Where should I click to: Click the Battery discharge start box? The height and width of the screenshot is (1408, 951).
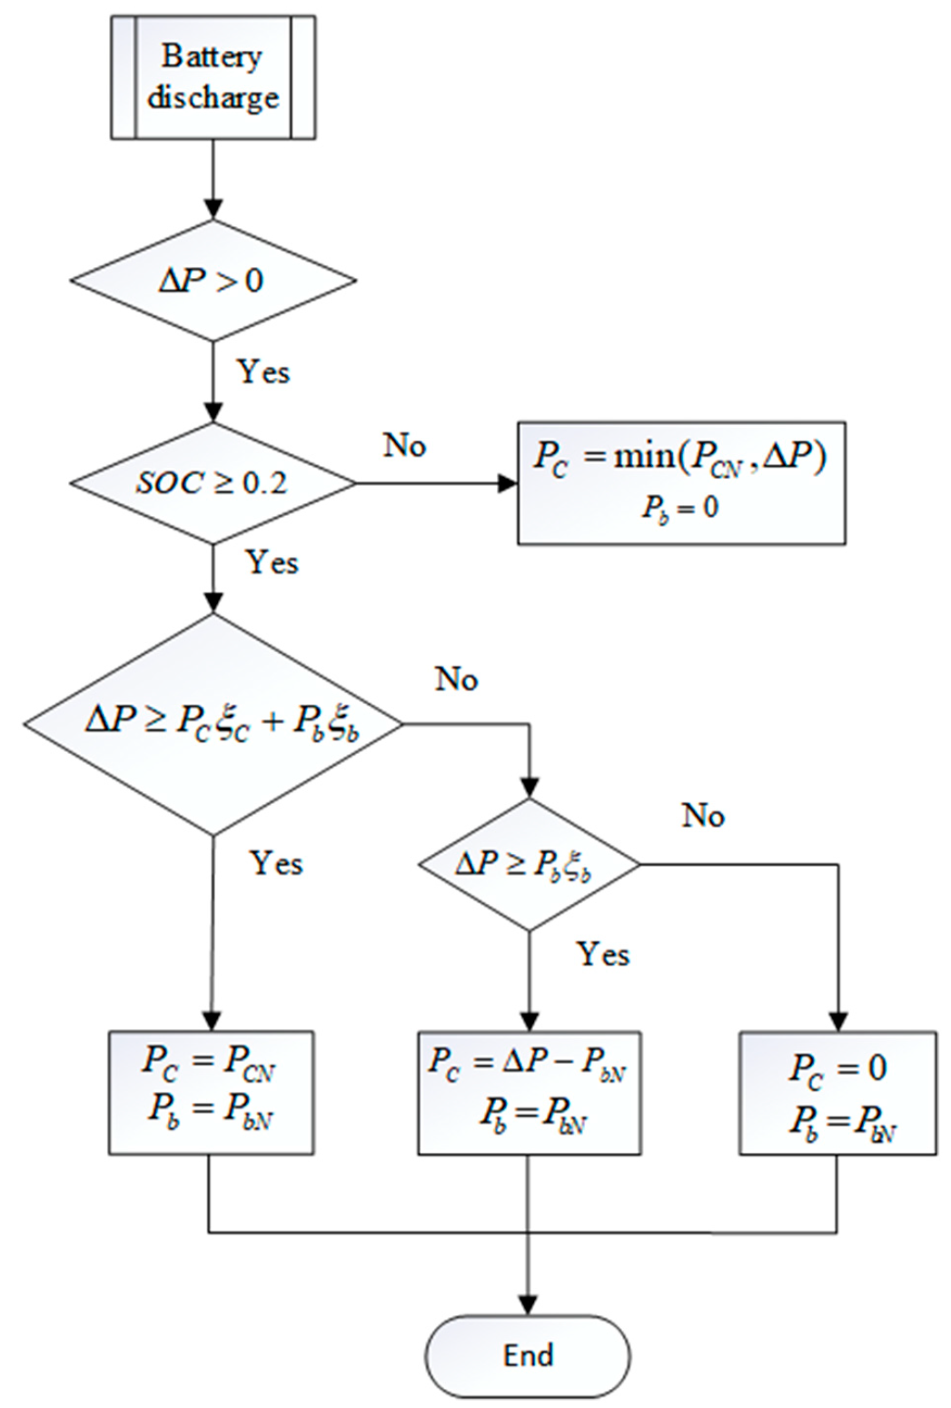(213, 77)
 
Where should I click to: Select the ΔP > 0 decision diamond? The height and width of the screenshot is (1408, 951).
(213, 280)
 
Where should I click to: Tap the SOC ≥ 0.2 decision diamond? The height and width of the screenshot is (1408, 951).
(213, 483)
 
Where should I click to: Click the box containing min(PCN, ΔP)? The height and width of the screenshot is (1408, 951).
(681, 482)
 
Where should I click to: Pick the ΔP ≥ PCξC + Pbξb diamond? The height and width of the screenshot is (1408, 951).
(213, 724)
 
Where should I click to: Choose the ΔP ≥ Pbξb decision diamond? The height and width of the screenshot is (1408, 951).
(529, 864)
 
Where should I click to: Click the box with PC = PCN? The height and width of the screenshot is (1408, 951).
(211, 1092)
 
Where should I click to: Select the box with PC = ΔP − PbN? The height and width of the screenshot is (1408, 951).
(529, 1092)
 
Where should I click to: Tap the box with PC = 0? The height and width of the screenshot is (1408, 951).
(837, 1092)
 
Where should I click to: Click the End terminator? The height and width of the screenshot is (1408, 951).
(529, 1356)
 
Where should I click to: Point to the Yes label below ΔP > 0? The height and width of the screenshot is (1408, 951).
(263, 372)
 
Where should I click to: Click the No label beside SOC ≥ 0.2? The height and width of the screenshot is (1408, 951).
(404, 446)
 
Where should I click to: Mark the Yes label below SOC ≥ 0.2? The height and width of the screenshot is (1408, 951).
(272, 562)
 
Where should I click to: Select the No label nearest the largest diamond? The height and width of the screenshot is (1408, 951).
(456, 679)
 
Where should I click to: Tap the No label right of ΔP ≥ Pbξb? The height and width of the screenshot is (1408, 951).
(702, 815)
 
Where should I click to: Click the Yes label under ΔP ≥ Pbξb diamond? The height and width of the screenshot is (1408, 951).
(603, 955)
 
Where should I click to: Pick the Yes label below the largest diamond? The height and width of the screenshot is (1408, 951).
(276, 863)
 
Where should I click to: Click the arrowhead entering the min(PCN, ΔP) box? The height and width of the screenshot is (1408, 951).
(508, 483)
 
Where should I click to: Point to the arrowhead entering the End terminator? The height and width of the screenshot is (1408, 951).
(529, 1304)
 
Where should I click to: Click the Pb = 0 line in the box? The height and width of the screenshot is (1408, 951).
(680, 508)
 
